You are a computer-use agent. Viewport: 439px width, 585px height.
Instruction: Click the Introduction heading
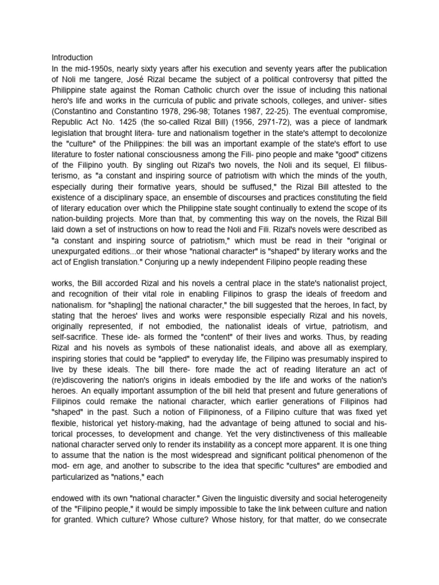click(x=72, y=58)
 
